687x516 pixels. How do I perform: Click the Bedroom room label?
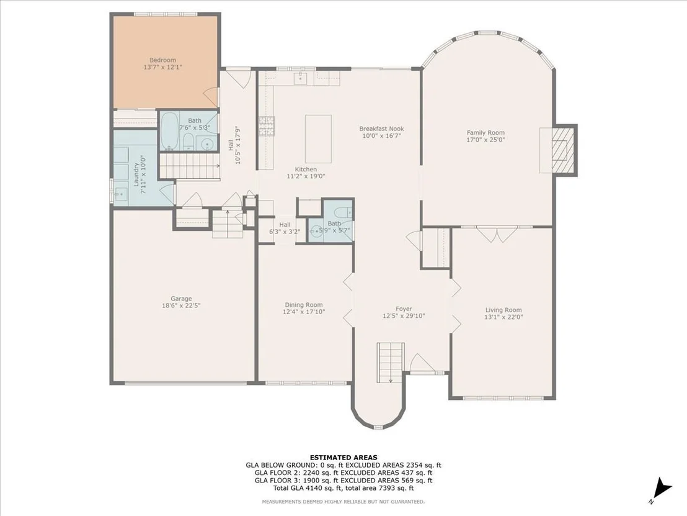[x=162, y=60]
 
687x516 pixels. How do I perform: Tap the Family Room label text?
[x=485, y=132]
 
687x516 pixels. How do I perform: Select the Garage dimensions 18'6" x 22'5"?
[x=182, y=306]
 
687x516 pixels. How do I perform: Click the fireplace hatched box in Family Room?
[x=562, y=150]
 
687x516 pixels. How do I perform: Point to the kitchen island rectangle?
[x=318, y=138]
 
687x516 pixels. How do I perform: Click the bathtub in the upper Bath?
[x=169, y=131]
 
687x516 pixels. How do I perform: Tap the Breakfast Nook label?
[x=381, y=129]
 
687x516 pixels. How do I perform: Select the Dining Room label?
[x=304, y=305]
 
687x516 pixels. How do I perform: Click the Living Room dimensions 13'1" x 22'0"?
[x=503, y=317]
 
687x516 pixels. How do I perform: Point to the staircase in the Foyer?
[x=390, y=363]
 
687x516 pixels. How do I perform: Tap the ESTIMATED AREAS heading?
[x=343, y=458]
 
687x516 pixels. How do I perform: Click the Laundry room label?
[x=136, y=174]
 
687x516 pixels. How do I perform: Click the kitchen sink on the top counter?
[x=301, y=78]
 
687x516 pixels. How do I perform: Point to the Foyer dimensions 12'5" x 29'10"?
[x=404, y=316]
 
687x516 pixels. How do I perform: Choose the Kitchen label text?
[x=306, y=170]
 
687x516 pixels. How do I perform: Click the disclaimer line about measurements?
[x=343, y=502]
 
